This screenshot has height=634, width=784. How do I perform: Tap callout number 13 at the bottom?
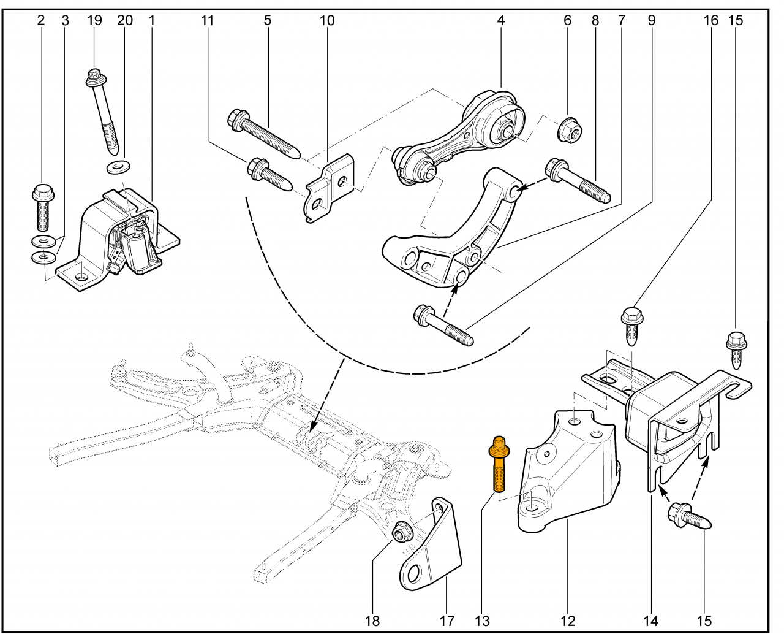point(482,621)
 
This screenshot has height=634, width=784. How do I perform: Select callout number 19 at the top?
point(94,20)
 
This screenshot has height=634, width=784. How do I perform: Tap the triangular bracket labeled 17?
point(432,549)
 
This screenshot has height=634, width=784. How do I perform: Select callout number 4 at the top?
point(501,20)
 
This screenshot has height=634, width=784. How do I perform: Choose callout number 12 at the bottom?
point(568,621)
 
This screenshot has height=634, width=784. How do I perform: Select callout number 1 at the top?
point(151,20)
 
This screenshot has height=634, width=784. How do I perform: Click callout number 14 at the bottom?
point(650,621)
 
